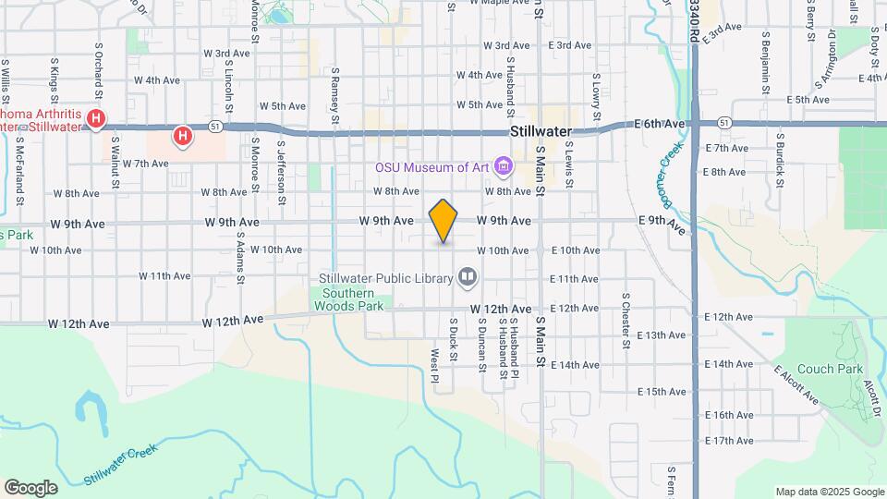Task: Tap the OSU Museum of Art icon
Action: (503, 167)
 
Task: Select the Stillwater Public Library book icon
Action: (468, 276)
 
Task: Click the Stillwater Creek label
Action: (119, 467)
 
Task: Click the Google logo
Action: (30, 488)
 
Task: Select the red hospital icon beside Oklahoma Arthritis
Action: (97, 118)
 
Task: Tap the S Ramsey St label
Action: (335, 94)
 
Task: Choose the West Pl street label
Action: (433, 365)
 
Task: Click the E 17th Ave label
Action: (729, 441)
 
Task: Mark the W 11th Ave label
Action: (164, 276)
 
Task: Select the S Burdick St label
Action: (780, 159)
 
